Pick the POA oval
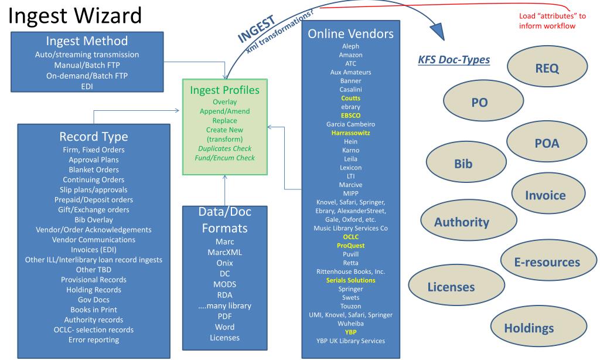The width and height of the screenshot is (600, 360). (547, 144)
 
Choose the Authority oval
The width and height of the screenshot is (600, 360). (461, 222)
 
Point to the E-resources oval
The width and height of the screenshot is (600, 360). (547, 262)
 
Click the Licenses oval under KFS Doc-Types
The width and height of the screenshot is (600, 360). (451, 287)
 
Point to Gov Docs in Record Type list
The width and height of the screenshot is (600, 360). (94, 300)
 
